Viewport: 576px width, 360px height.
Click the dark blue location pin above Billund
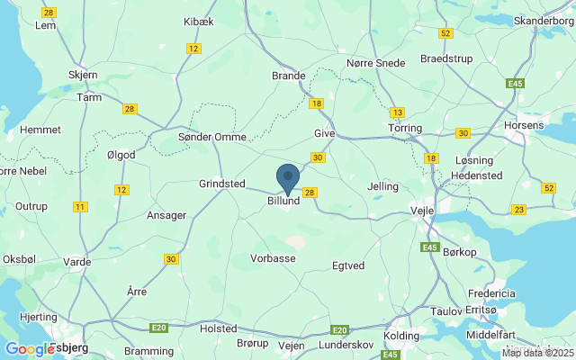287,176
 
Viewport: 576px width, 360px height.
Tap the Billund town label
283,202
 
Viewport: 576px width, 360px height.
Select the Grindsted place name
222,184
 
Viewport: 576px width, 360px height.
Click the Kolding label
401,335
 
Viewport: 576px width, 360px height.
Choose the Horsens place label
524,125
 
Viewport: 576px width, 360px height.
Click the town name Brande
289,76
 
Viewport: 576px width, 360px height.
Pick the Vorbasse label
273,258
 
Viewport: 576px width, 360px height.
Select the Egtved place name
348,266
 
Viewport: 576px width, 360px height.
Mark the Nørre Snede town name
376,63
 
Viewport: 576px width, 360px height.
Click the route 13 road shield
397,112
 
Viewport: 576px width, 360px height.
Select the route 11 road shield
81,207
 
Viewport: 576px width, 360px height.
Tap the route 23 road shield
518,210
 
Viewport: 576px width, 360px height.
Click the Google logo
30,348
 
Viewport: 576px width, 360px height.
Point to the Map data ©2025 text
537,353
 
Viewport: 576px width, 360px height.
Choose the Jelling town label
383,186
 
